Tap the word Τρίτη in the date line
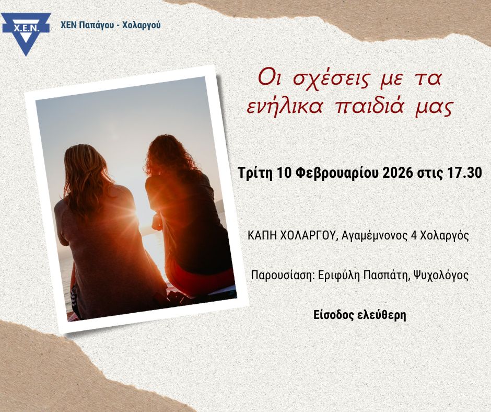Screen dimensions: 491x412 coord(255,173)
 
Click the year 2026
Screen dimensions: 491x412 coord(398,173)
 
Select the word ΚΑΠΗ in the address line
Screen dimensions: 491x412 coord(261,236)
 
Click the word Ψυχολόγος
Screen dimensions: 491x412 coord(440,276)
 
